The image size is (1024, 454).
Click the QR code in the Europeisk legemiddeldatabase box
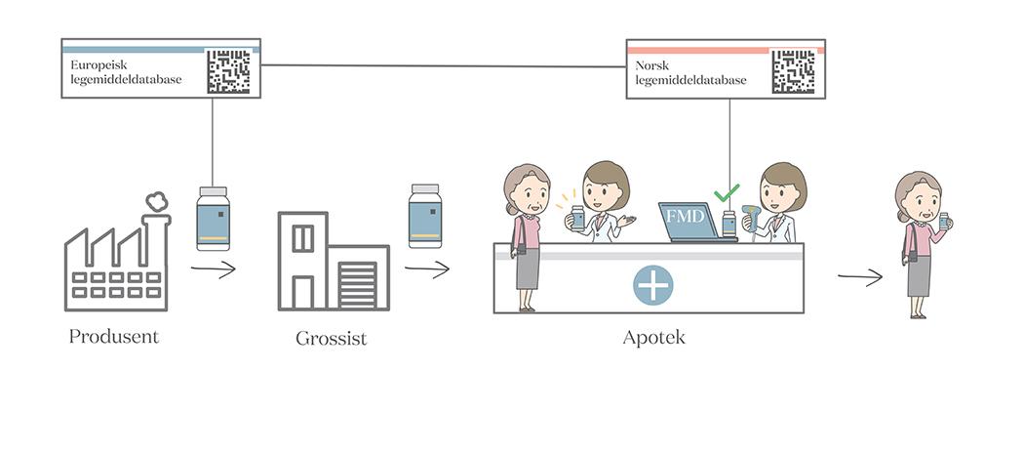228,71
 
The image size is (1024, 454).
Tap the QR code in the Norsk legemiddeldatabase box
793,71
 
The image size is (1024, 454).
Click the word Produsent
114,337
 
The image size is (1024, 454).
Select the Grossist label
331,339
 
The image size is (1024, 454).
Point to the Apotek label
653,338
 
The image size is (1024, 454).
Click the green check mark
727,193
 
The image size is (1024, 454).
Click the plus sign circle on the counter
652,285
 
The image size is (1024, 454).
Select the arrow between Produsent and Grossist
213,270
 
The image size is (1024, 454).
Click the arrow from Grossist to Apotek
427,269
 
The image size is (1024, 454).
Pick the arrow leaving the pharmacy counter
859,278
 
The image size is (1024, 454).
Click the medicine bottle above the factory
213,219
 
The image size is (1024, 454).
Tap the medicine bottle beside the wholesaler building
425,216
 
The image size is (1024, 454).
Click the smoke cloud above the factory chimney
156,201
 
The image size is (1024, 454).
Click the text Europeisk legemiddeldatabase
126,72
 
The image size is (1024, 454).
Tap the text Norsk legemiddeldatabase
690,72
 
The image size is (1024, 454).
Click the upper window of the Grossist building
303,237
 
